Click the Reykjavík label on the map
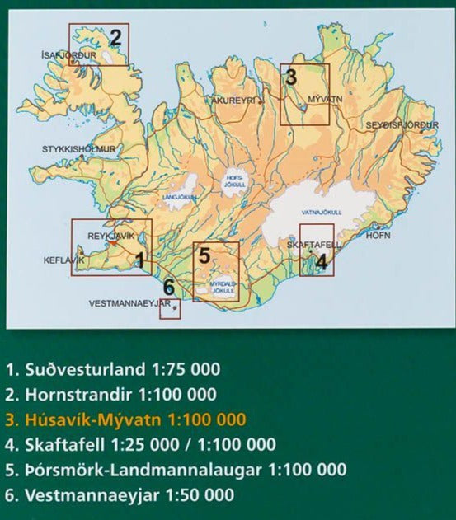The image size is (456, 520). coord(110,236)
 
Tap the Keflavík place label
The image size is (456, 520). coord(63,260)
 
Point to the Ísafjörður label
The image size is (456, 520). coord(68,56)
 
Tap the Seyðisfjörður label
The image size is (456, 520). coord(403,125)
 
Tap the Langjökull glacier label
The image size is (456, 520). coord(183,198)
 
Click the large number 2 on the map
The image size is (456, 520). coord(115,36)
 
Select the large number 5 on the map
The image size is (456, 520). coord(204,255)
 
